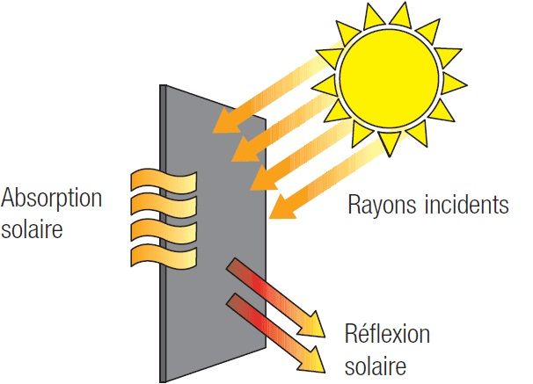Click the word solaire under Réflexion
point(376,362)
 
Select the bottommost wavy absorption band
point(163,256)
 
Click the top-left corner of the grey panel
point(160,86)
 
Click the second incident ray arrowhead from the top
point(234,156)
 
